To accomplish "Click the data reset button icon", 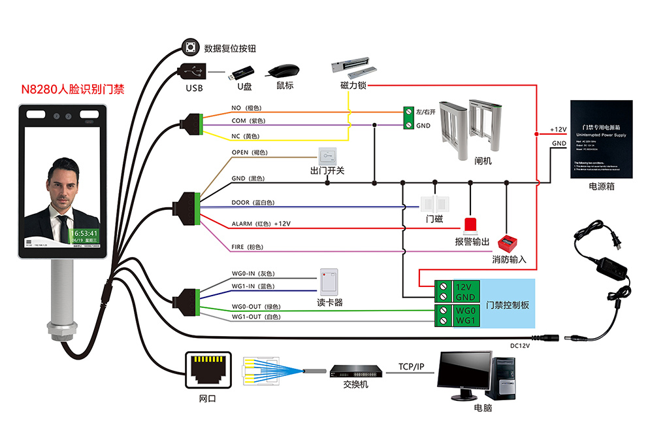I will point(191,47).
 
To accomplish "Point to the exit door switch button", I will point(327,156).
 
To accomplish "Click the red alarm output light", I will point(472,224).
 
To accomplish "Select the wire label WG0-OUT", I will point(246,307).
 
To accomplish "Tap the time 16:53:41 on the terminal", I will point(85,233).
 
